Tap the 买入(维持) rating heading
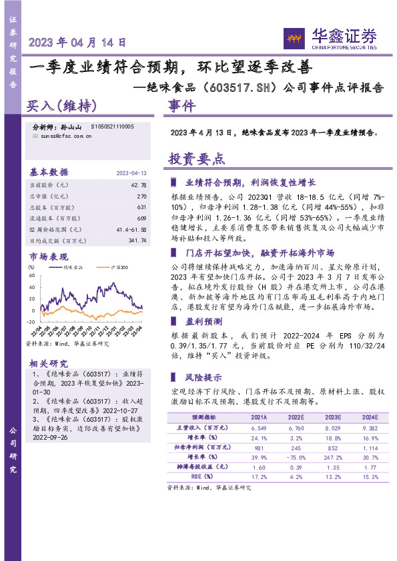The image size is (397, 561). coord(61,106)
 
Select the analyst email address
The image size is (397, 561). coord(62,135)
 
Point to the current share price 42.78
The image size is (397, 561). coord(139,185)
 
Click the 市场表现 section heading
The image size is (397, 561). coord(48,257)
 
